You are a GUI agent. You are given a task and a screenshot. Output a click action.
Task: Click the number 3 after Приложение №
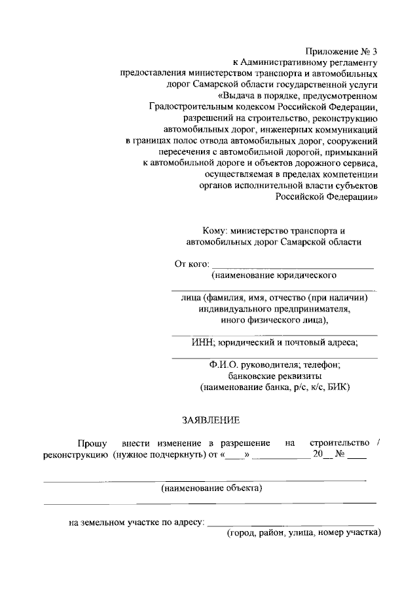pyautogui.click(x=375, y=50)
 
